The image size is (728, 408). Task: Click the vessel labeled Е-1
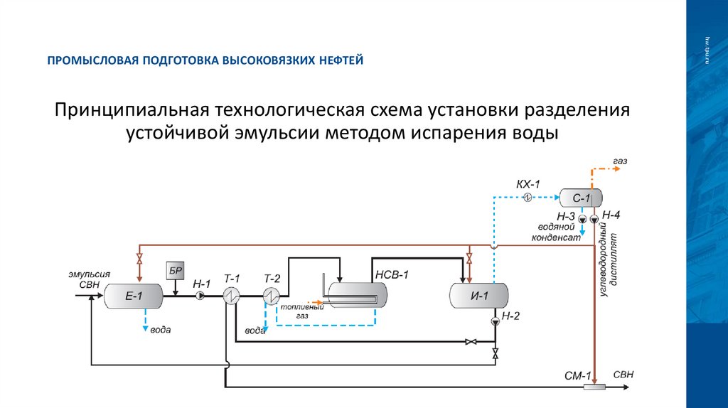(x=134, y=295)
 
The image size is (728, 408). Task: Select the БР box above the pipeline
(x=175, y=271)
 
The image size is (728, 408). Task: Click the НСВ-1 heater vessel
(x=353, y=292)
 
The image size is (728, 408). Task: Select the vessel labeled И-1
(x=479, y=295)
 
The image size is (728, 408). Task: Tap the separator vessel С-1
(x=580, y=198)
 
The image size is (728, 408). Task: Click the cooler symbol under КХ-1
(x=528, y=198)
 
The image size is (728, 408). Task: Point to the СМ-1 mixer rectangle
(x=593, y=387)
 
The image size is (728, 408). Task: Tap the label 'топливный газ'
(x=292, y=311)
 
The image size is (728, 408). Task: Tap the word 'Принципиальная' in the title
(x=131, y=111)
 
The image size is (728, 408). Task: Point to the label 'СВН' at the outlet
(x=623, y=375)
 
